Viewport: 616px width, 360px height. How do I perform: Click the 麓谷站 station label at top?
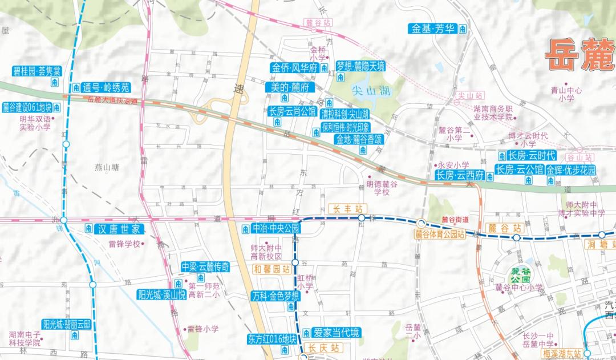click(x=318, y=23)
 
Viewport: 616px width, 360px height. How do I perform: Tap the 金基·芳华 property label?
click(x=433, y=27)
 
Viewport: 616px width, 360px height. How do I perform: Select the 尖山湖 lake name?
click(x=370, y=90)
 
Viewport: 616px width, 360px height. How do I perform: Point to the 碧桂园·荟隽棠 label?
click(x=36, y=71)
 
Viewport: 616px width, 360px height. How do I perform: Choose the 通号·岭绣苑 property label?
click(x=106, y=87)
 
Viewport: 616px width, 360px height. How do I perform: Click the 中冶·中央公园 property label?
click(x=275, y=229)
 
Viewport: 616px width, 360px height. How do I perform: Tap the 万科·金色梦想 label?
click(x=275, y=296)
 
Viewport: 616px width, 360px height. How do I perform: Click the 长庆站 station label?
click(x=323, y=347)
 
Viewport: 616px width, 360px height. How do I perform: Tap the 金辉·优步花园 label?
click(x=570, y=170)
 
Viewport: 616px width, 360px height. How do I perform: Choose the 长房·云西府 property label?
click(x=459, y=175)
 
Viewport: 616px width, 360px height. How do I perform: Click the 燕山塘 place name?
click(x=107, y=167)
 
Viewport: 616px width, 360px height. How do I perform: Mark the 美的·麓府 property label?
click(x=290, y=88)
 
